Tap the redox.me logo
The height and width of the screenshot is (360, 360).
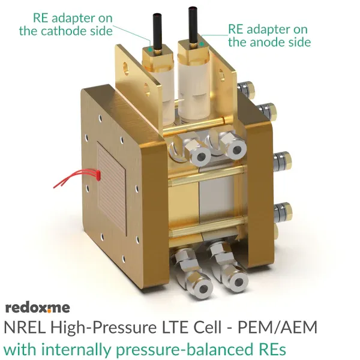pos(37,307)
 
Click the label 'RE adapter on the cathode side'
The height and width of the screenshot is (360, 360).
pos(62,23)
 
